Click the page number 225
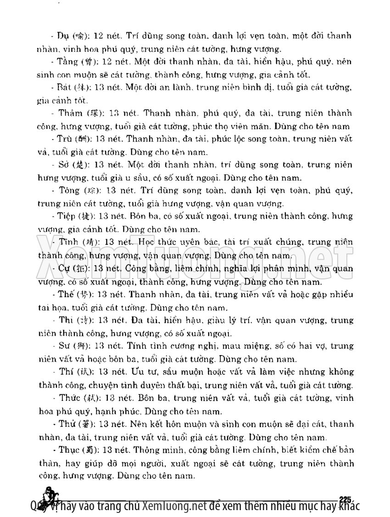click(x=344, y=499)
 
